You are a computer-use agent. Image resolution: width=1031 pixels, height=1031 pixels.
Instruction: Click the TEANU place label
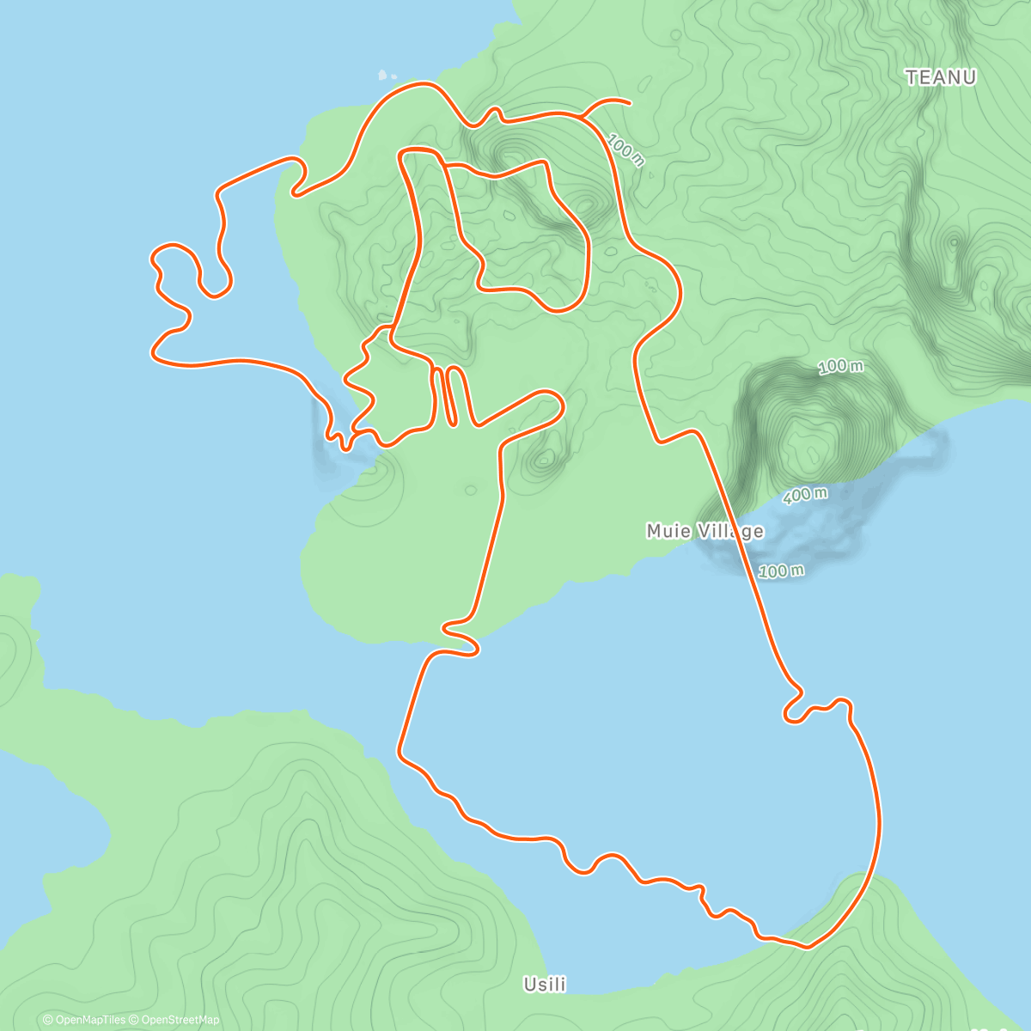click(941, 78)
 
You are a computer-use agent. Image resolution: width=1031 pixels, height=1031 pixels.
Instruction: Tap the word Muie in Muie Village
click(668, 532)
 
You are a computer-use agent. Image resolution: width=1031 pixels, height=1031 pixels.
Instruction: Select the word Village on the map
click(729, 532)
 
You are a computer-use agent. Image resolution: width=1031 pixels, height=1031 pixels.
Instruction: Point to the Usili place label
click(546, 985)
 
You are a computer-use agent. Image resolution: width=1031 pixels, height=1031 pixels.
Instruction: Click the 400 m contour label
click(805, 496)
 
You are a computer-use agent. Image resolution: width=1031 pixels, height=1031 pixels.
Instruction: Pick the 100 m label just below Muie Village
click(782, 570)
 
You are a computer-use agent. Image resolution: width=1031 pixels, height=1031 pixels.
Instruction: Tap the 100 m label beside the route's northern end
click(625, 149)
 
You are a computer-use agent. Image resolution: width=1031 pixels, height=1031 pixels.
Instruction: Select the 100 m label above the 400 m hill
click(839, 367)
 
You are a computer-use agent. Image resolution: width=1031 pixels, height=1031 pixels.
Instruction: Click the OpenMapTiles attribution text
click(84, 1020)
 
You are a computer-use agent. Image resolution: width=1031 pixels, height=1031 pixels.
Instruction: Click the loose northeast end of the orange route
click(630, 102)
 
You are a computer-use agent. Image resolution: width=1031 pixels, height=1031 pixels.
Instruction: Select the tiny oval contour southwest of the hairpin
click(470, 491)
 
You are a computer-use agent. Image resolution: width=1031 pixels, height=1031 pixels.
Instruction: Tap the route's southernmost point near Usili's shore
click(805, 947)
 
